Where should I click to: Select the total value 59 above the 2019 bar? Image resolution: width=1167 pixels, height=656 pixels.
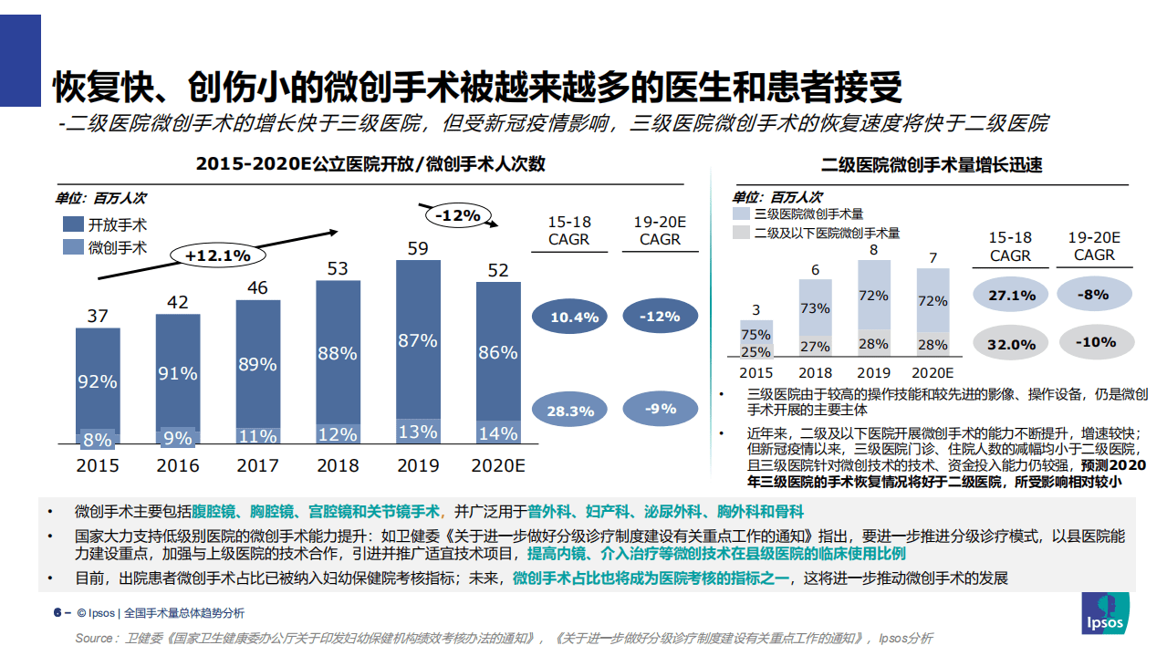[x=418, y=248]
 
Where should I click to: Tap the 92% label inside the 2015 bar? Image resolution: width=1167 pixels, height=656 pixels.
[x=97, y=381]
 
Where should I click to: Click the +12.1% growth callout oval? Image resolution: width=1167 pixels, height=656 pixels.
[x=217, y=255]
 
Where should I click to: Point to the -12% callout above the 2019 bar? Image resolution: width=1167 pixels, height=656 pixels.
[x=457, y=216]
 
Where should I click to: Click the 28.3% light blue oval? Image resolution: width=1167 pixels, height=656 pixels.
[x=570, y=411]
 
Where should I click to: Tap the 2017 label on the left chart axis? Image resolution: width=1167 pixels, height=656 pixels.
[x=257, y=465]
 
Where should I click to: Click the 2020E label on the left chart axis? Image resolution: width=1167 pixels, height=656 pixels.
[x=497, y=465]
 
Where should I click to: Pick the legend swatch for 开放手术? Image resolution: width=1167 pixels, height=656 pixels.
[x=73, y=224]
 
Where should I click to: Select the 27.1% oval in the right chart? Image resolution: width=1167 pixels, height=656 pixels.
[x=1010, y=296]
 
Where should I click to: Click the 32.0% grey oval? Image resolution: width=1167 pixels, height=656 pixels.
[x=1010, y=344]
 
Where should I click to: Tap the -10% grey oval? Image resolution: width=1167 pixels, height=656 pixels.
[x=1094, y=342]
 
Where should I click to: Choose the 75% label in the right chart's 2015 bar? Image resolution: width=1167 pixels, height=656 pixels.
[x=755, y=335]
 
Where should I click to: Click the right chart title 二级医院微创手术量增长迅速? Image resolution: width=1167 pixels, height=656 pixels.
[x=932, y=165]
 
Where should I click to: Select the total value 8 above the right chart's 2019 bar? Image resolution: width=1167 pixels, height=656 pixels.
[x=873, y=249]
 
